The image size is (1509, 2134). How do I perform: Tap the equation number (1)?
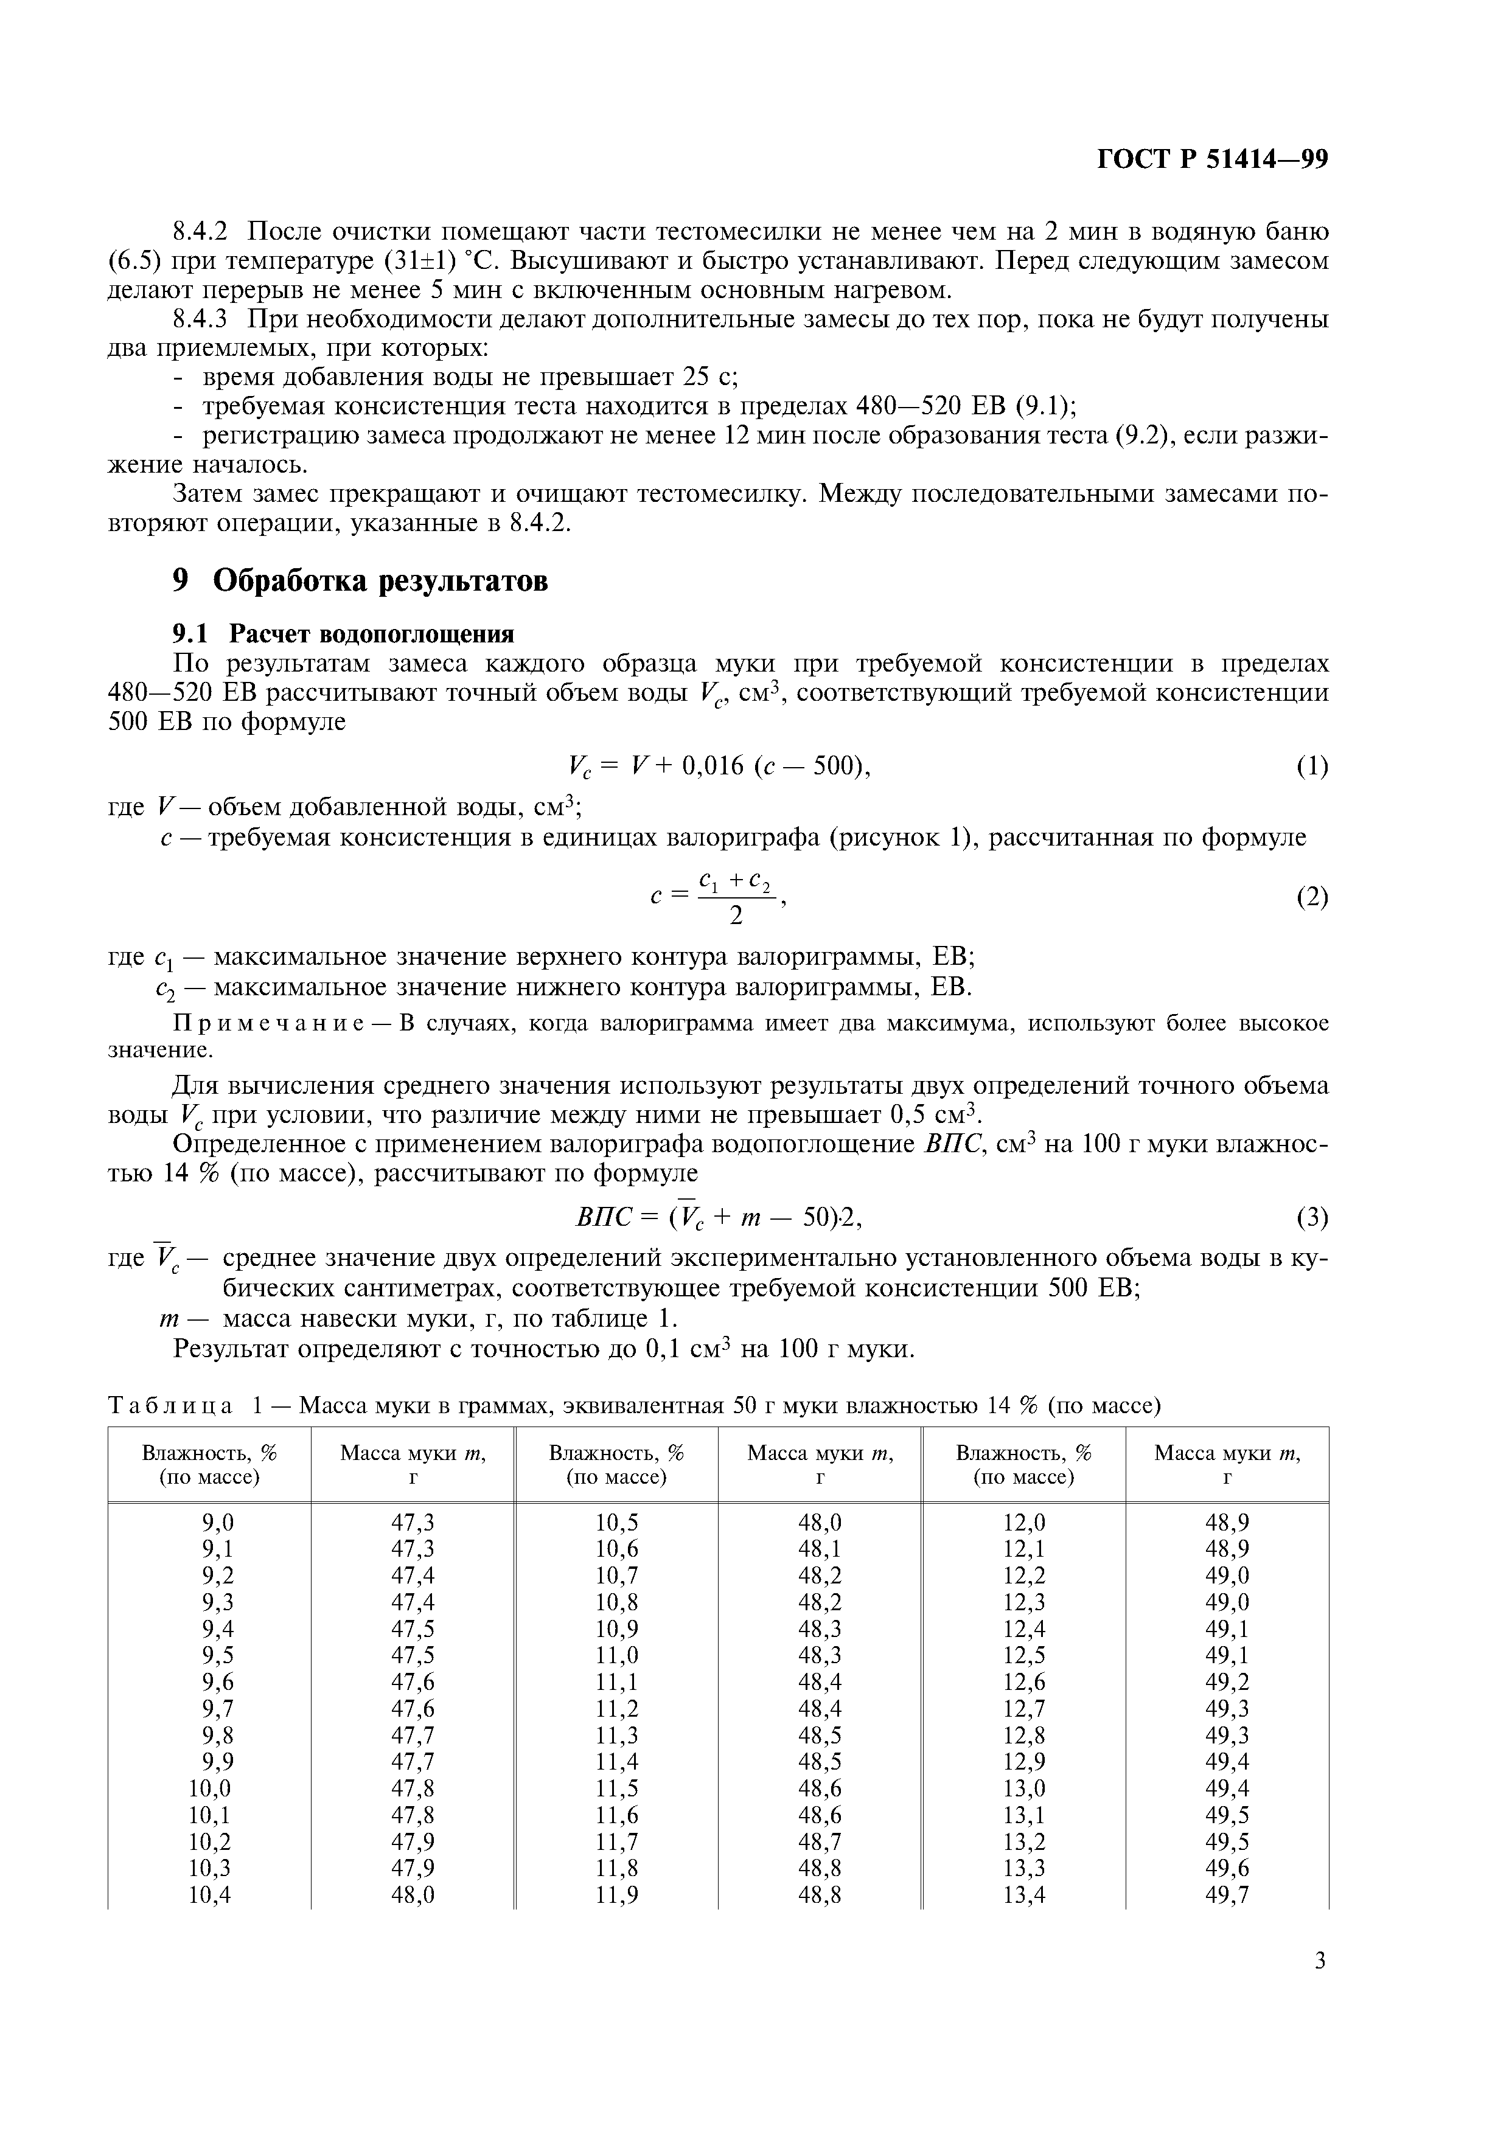pos(1312,766)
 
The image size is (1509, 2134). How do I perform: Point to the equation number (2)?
pos(1312,898)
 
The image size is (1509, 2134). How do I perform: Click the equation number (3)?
pos(1312,1218)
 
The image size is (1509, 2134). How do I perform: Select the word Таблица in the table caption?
pos(169,1406)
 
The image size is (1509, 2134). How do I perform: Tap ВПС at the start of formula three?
pos(605,1218)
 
